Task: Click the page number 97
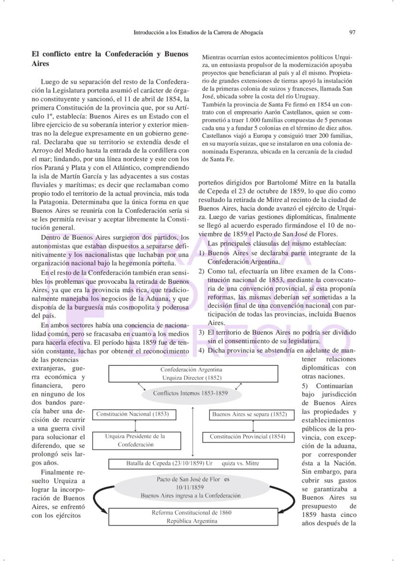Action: [x=352, y=33]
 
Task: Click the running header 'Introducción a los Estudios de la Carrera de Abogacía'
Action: [x=198, y=33]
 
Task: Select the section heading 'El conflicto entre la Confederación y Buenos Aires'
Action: [x=110, y=58]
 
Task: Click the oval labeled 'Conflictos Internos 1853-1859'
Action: [x=191, y=393]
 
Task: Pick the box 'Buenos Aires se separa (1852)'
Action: [x=249, y=414]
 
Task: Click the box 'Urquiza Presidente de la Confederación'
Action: [x=135, y=440]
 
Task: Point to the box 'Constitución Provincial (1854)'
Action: [x=247, y=437]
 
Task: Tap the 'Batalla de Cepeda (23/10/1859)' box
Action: [x=192, y=464]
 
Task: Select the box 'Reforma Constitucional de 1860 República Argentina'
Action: [x=191, y=516]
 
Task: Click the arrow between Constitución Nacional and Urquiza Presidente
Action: [x=136, y=426]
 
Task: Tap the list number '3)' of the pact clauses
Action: [x=202, y=332]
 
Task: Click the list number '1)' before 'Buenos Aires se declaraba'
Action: [x=202, y=253]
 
